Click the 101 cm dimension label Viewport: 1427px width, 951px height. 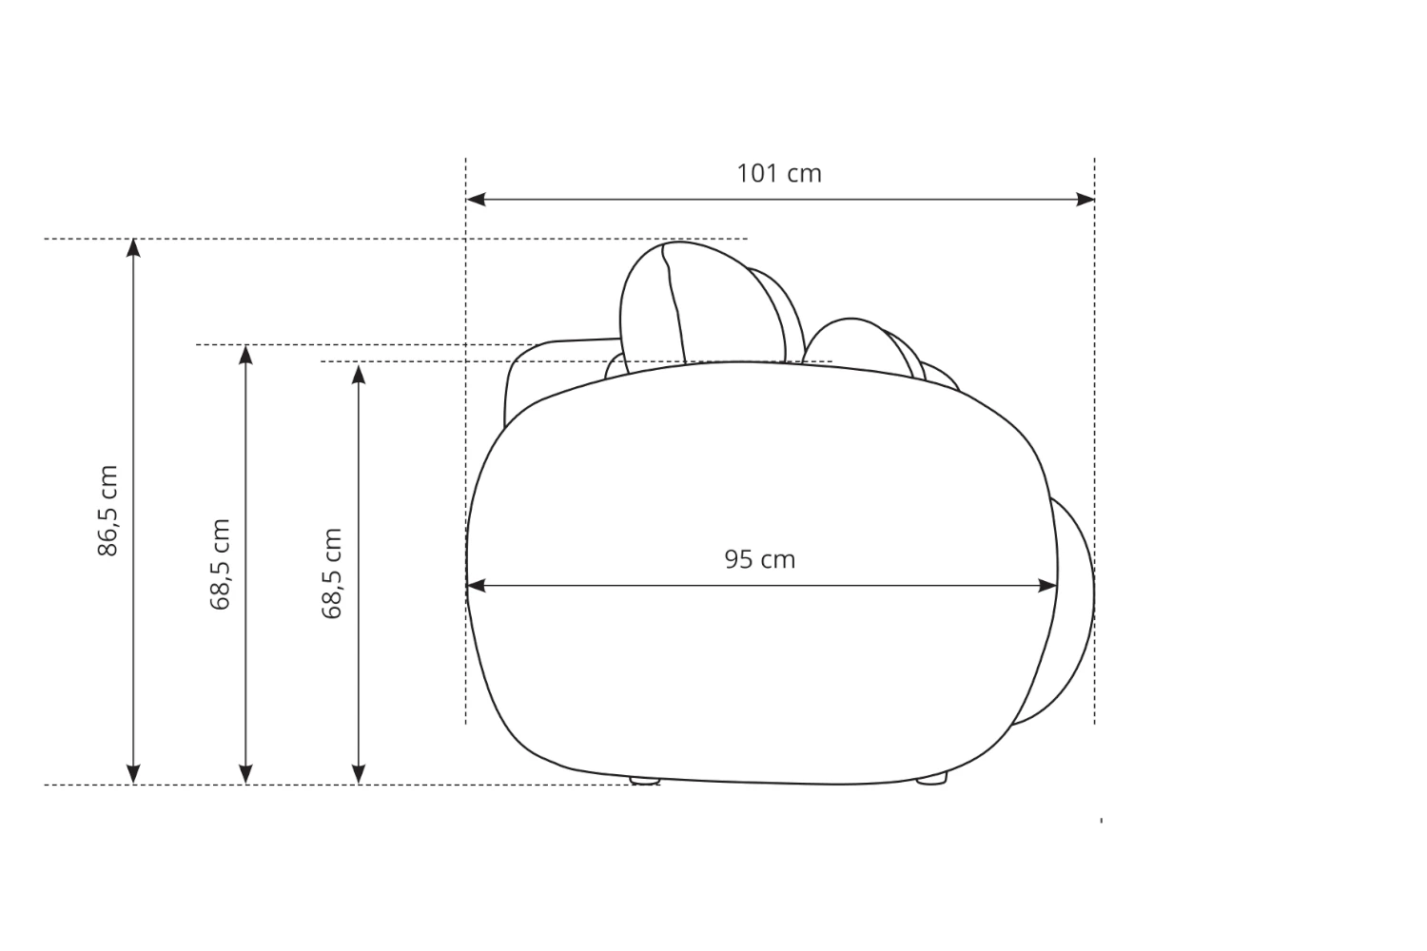tap(779, 173)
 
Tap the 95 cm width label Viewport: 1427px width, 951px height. tap(760, 559)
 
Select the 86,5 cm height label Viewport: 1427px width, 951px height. tap(108, 511)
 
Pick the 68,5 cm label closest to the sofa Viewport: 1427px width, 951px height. tap(332, 573)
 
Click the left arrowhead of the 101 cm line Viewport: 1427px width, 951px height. tap(476, 200)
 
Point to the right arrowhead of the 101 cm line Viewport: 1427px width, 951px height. tap(1085, 200)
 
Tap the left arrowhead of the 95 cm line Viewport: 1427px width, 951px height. tap(476, 586)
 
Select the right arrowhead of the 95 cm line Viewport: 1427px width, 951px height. tap(1048, 586)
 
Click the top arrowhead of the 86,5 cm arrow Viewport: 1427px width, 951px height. tap(133, 248)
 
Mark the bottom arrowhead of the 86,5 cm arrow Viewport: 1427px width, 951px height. tap(133, 774)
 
